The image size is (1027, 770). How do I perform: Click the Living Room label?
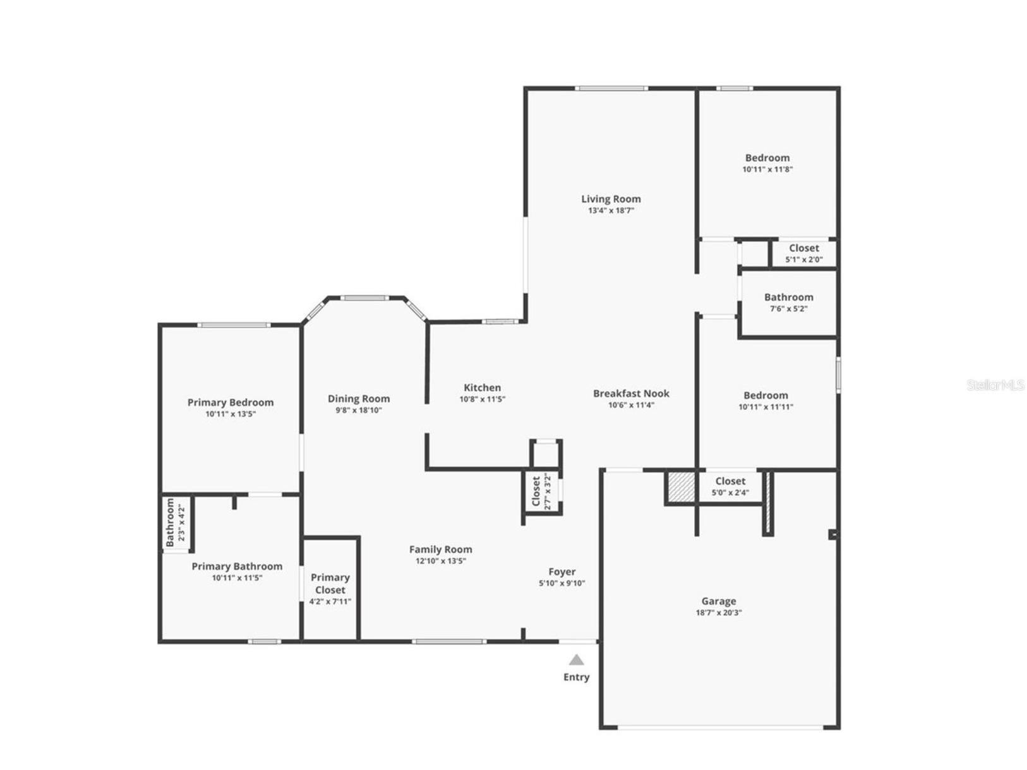611,199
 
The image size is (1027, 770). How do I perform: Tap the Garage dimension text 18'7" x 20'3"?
719,613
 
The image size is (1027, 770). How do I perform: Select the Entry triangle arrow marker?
576,660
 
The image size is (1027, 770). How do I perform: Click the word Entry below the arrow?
576,677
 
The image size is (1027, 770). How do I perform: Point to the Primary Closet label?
330,584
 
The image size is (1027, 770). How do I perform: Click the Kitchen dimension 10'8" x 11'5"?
482,399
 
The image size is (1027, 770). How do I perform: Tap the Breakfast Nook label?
631,394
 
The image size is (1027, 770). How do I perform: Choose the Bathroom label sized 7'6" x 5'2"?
788,298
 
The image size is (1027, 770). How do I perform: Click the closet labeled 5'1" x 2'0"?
803,249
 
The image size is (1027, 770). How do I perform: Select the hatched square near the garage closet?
681,487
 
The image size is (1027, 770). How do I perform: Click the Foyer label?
562,572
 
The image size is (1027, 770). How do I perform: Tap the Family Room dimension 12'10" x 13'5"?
440,561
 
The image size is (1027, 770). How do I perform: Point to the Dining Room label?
358,399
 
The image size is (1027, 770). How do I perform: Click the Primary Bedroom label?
231,402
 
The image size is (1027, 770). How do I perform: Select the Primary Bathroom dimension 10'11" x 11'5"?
237,578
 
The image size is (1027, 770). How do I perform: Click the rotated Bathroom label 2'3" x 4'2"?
170,522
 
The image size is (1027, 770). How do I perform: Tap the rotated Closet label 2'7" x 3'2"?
536,491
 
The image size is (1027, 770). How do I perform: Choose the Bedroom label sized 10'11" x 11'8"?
767,158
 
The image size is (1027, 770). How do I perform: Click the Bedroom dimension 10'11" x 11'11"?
766,407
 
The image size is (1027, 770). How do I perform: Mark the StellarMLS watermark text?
995,385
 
